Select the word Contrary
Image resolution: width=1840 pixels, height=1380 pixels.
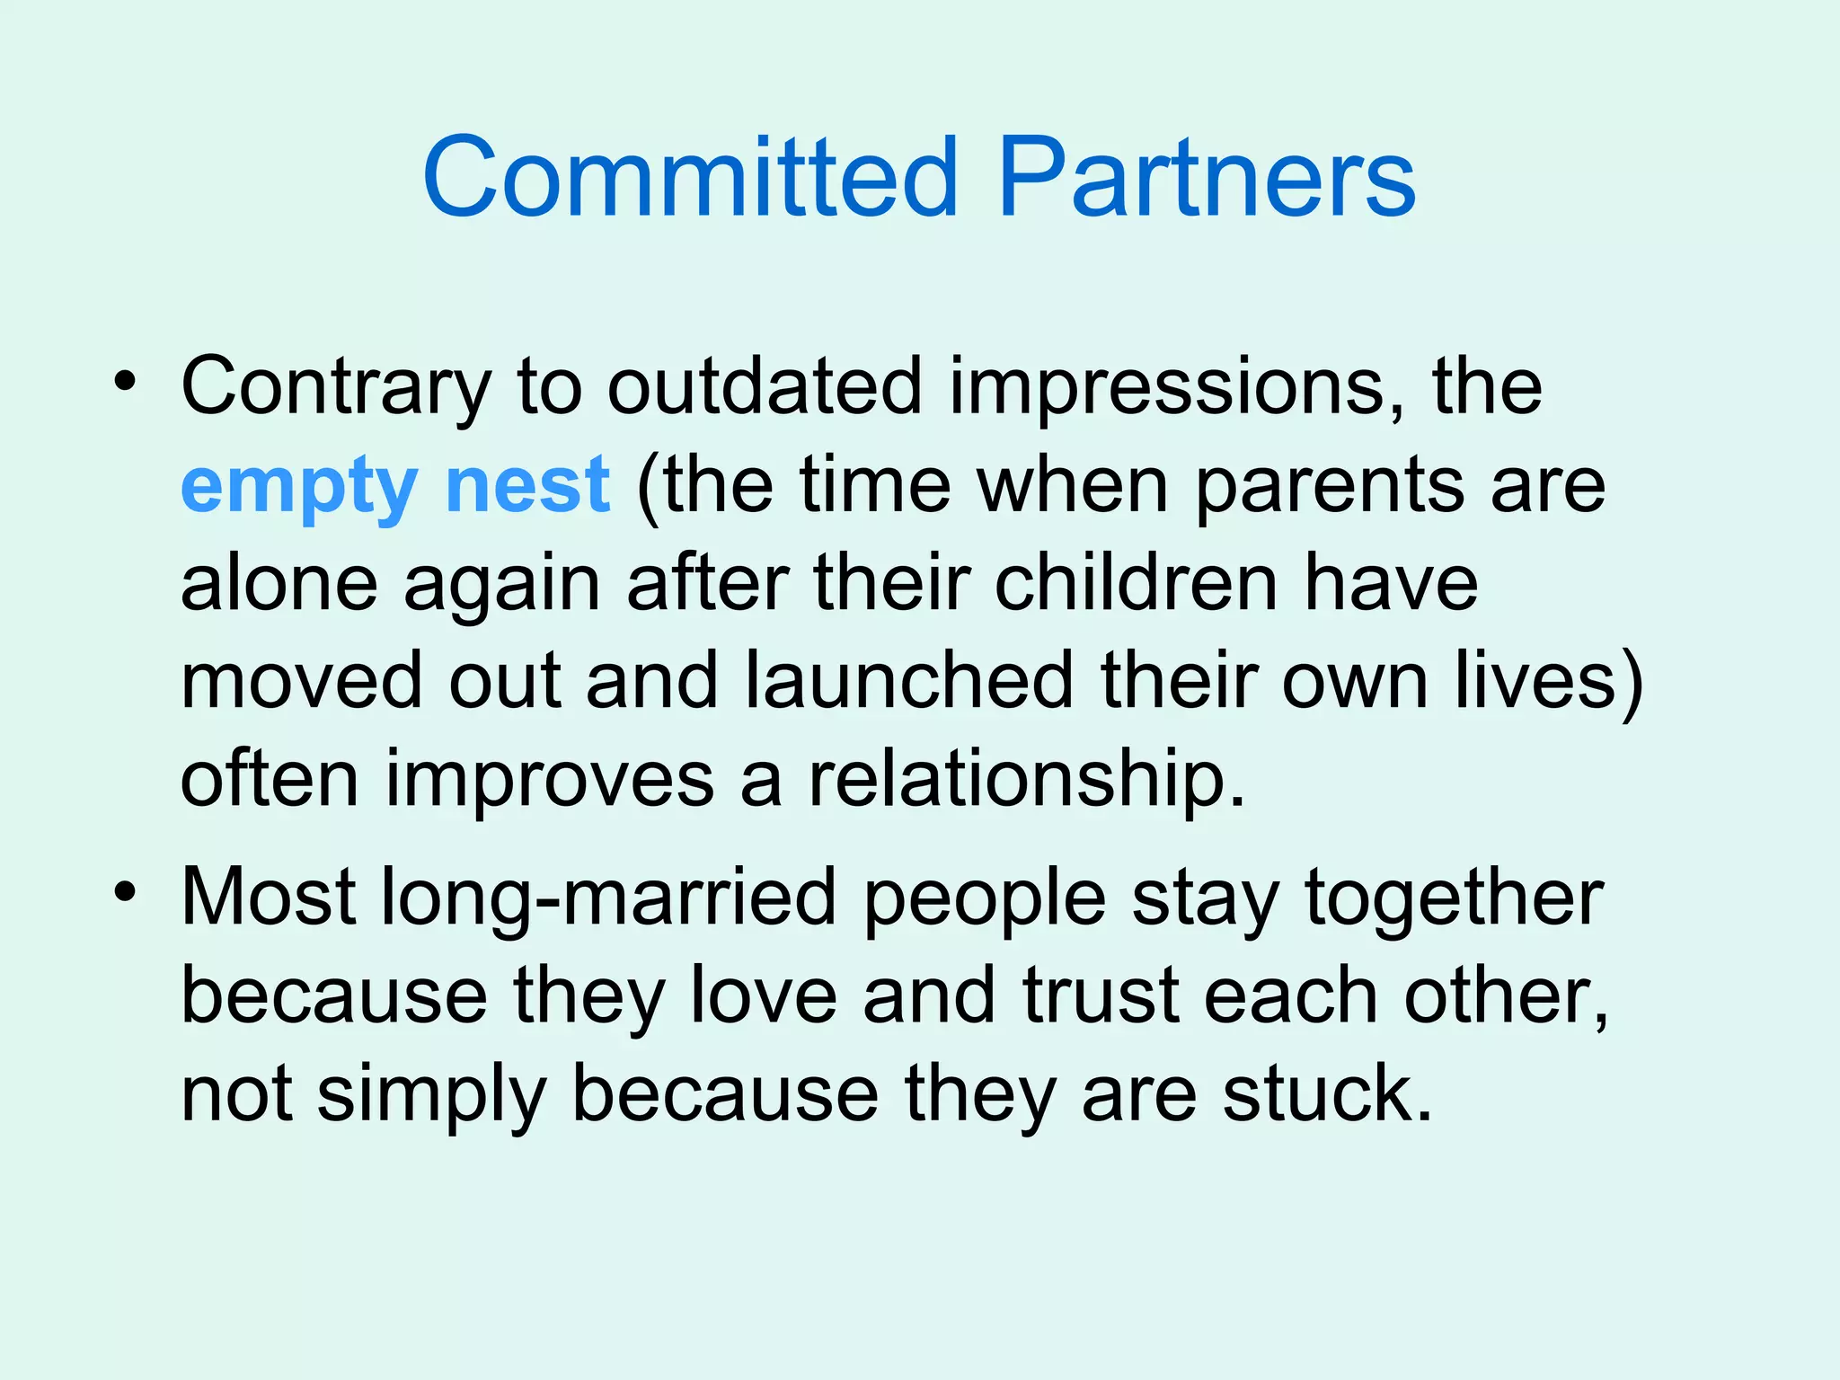pyautogui.click(x=335, y=388)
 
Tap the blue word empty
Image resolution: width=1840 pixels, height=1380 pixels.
pyautogui.click(x=298, y=487)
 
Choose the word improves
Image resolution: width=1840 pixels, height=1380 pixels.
pyautogui.click(x=549, y=780)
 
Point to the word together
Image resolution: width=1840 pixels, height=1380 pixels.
pyautogui.click(x=1454, y=898)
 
